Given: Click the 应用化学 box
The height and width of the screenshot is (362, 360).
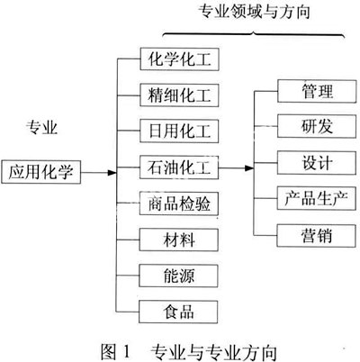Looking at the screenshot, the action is pyautogui.click(x=41, y=172).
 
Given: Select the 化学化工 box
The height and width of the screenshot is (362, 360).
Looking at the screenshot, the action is pyautogui.click(x=179, y=59).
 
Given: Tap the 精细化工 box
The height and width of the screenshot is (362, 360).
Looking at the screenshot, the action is pyautogui.click(x=179, y=95).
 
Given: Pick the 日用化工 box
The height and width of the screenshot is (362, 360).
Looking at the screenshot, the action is pyautogui.click(x=179, y=131).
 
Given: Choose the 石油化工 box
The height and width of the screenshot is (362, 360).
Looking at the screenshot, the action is pyautogui.click(x=179, y=167).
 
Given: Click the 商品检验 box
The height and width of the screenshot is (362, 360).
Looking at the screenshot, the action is pyautogui.click(x=179, y=204).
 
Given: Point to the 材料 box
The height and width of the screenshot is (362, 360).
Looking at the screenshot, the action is pyautogui.click(x=179, y=240).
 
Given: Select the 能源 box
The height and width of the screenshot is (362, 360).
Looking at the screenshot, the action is pyautogui.click(x=178, y=276).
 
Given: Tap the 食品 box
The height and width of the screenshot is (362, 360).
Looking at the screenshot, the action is pyautogui.click(x=178, y=312).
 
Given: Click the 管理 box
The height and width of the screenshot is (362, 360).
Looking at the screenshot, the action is pyautogui.click(x=317, y=91).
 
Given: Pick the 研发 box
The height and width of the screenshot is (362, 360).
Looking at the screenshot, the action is pyautogui.click(x=317, y=126).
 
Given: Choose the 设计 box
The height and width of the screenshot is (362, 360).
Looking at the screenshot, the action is pyautogui.click(x=317, y=163).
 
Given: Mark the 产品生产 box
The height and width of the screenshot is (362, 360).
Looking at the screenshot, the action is pyautogui.click(x=317, y=198).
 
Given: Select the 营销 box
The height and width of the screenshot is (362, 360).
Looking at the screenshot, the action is pyautogui.click(x=317, y=236).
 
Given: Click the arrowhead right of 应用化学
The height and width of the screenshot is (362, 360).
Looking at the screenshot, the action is pyautogui.click(x=112, y=173).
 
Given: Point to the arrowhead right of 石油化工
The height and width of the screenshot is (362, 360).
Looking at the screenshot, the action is pyautogui.click(x=249, y=168).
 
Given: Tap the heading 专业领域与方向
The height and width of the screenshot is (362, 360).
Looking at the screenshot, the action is pyautogui.click(x=254, y=13).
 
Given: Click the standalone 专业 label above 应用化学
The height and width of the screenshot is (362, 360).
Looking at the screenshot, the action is pyautogui.click(x=41, y=127).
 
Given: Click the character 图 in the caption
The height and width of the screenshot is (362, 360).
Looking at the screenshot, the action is pyautogui.click(x=108, y=351).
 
